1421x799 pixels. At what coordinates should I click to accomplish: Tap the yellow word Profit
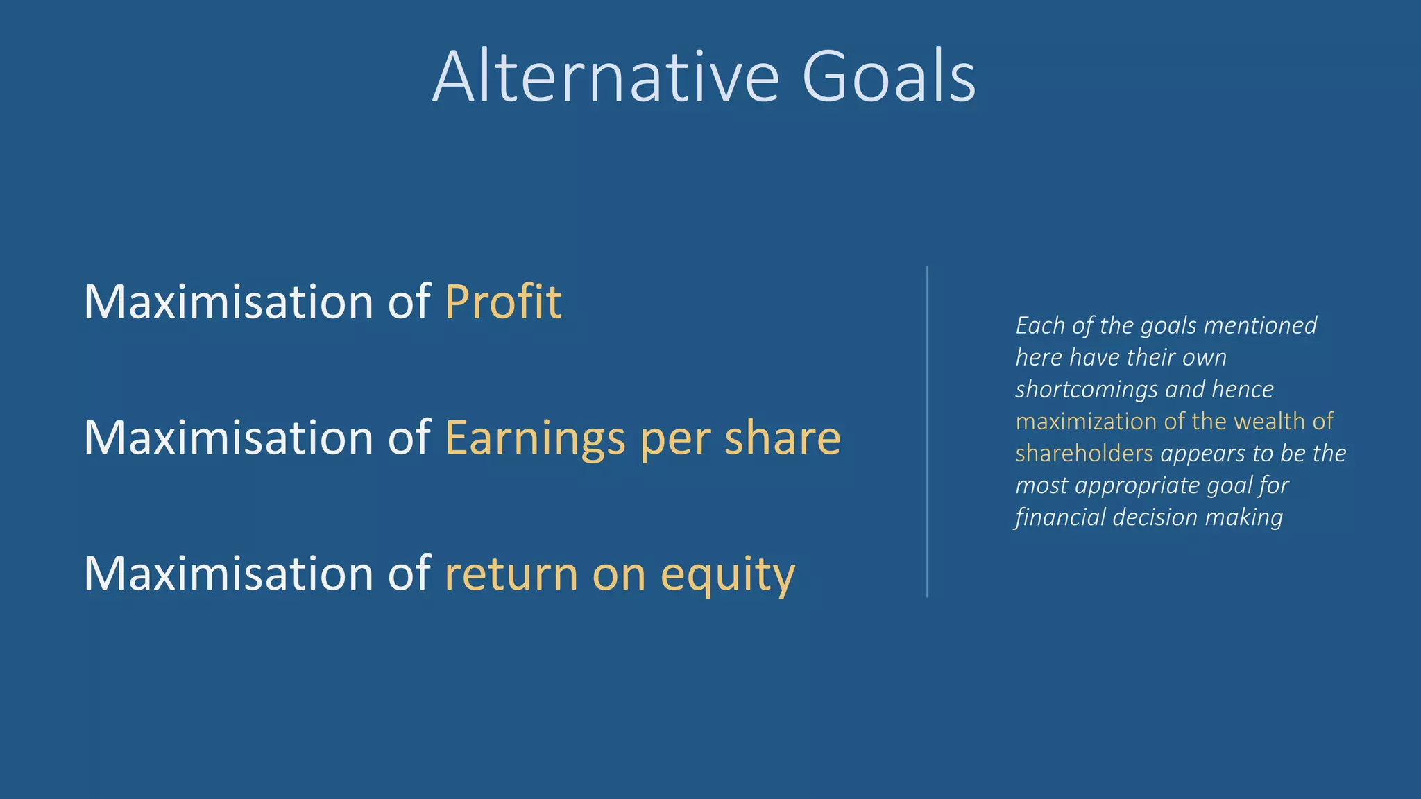pyautogui.click(x=503, y=302)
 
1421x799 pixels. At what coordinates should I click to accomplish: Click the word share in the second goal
pyautogui.click(x=782, y=438)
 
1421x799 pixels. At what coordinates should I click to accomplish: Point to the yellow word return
pyautogui.click(x=511, y=574)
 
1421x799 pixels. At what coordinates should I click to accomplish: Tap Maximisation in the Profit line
pyautogui.click(x=229, y=302)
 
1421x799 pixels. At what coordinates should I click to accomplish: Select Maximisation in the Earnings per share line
pyautogui.click(x=229, y=438)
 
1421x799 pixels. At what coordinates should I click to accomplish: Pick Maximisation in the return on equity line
pyautogui.click(x=229, y=574)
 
